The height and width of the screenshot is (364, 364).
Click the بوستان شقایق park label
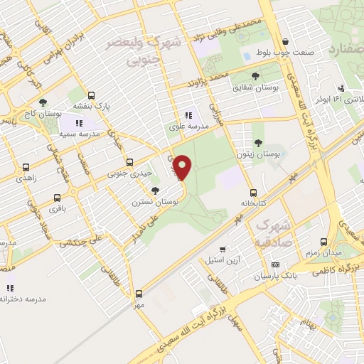click(255, 87)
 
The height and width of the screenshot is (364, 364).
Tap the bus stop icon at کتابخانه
click(253, 193)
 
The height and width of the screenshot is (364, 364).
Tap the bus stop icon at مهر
click(139, 293)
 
